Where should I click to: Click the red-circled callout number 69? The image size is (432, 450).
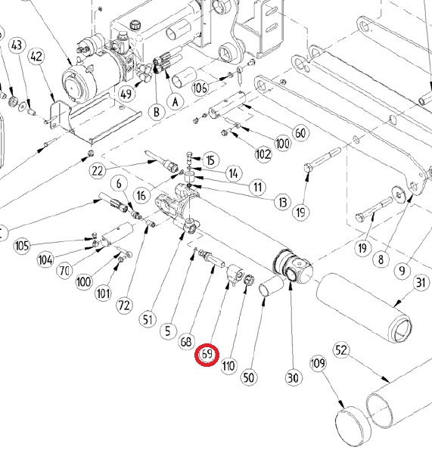coord(207,354)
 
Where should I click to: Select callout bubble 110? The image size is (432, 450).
coord(228,365)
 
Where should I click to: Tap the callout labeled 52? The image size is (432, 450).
coord(341,350)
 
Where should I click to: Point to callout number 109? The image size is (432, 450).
coord(318,363)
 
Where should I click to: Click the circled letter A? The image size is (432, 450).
coord(176,102)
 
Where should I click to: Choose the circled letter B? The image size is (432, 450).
coord(157,112)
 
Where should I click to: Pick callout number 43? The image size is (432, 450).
coord(17,45)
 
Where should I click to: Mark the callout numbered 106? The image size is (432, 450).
coord(200,88)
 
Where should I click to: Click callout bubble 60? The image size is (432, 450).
coord(300,133)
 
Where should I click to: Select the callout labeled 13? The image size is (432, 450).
coord(283,202)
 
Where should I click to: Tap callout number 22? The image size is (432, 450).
coord(97,171)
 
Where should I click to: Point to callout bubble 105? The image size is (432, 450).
coord(22,246)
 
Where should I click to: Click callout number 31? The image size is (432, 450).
coord(421,282)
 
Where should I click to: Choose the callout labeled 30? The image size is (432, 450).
coord(293,377)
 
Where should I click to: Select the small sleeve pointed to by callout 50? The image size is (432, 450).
coord(270,286)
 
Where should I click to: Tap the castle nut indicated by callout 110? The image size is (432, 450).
coord(247,280)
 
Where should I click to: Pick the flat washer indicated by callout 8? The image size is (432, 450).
coord(399,194)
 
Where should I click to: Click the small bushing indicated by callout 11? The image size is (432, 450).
coord(189,176)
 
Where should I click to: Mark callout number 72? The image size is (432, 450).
coord(124,306)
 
